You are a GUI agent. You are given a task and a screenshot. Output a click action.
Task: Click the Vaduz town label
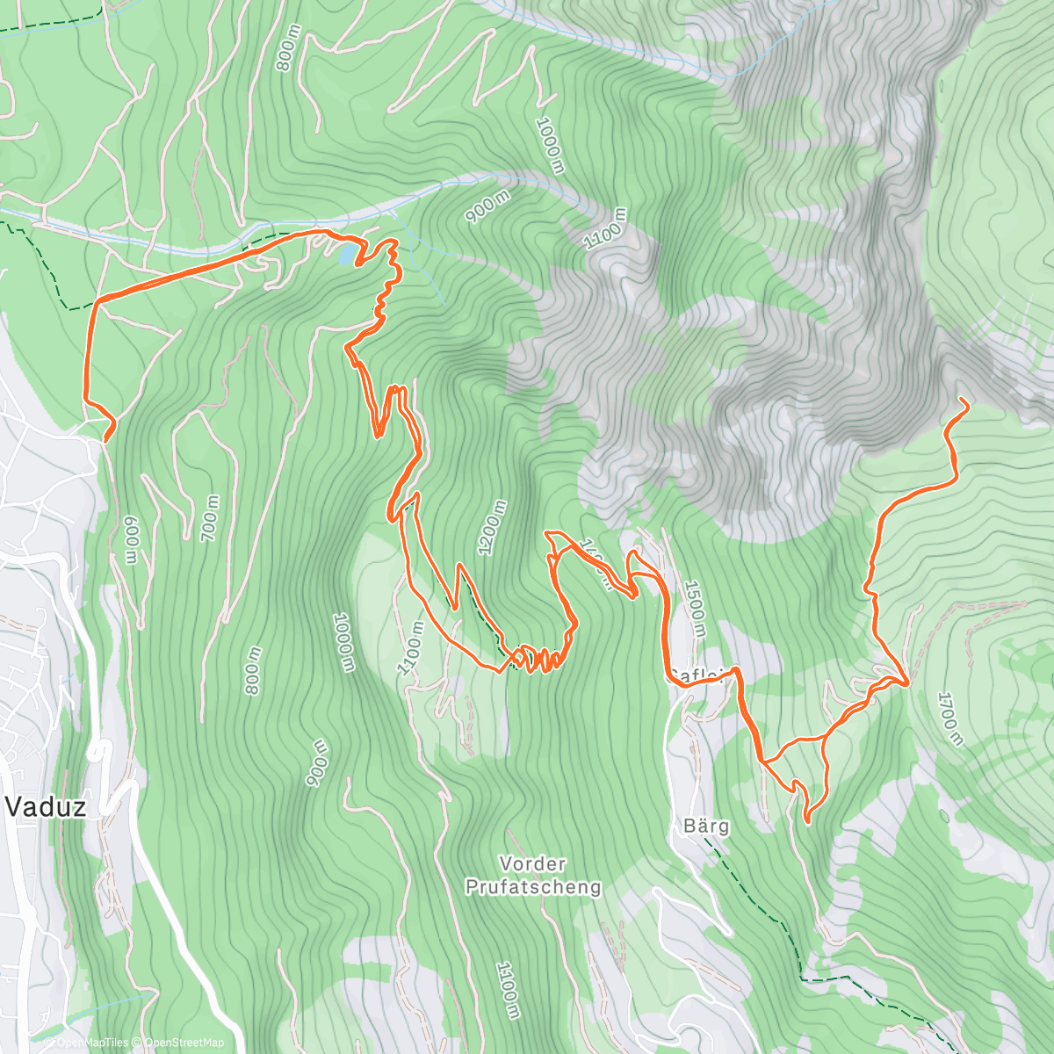click(x=47, y=805)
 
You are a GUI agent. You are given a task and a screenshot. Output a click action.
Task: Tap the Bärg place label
click(x=705, y=827)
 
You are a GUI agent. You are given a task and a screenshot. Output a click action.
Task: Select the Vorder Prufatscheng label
click(x=533, y=875)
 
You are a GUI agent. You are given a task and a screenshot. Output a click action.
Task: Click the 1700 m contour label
click(x=949, y=718)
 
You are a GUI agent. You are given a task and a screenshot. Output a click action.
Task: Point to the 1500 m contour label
click(x=695, y=608)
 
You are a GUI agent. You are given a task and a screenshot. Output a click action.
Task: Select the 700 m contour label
click(x=211, y=517)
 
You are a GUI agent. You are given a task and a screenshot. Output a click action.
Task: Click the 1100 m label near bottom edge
click(x=507, y=990)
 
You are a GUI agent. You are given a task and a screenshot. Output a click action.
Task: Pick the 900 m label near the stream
click(x=488, y=208)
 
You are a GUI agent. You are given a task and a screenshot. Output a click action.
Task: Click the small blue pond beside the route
click(x=347, y=254)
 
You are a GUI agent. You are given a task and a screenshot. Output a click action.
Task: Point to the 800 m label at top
click(x=287, y=48)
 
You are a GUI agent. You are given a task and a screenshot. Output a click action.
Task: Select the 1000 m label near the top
click(x=548, y=145)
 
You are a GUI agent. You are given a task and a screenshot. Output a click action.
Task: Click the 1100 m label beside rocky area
click(x=606, y=230)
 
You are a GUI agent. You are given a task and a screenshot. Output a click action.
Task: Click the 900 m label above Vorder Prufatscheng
click(x=316, y=762)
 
